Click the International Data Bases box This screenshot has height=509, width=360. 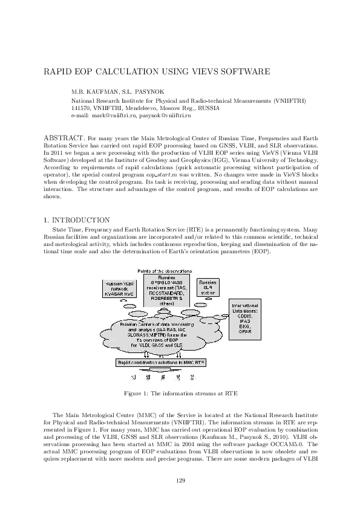tap(246, 319)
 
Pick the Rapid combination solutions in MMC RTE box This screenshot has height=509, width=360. tap(161, 361)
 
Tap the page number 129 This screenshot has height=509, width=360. tap(180, 480)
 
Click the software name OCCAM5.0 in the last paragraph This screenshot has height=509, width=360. tap(286, 443)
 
